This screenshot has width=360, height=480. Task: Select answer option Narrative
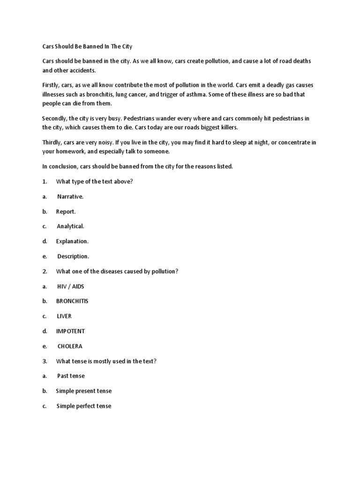coord(70,196)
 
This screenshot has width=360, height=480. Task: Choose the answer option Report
coord(66,211)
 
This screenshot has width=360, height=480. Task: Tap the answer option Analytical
coord(70,226)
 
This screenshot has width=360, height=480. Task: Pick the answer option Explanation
coord(72,241)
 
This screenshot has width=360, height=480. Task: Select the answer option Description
coord(73,256)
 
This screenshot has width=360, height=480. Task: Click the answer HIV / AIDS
coord(70,286)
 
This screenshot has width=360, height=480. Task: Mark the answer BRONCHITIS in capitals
coord(72,301)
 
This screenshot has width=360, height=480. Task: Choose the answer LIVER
coord(64,316)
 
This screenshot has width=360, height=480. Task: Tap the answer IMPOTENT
coord(70,331)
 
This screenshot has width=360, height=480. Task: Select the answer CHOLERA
coord(70,346)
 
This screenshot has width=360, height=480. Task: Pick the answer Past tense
coord(71,376)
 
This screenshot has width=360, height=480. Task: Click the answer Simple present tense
coord(84,391)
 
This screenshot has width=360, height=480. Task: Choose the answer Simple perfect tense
coord(84,406)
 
